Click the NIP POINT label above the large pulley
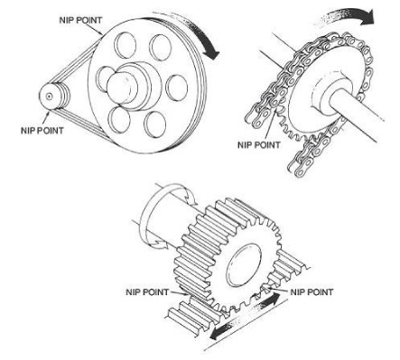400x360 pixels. click(x=80, y=21)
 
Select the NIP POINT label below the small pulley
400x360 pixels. click(x=42, y=131)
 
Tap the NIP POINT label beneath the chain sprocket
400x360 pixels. click(x=259, y=145)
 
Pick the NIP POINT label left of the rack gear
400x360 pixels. click(x=147, y=292)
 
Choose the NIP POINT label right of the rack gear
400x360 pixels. click(x=312, y=292)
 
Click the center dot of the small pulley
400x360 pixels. click(x=49, y=97)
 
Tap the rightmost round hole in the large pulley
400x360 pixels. click(x=177, y=88)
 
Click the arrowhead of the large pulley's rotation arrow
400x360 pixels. click(x=211, y=53)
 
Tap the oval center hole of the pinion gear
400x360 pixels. click(x=244, y=265)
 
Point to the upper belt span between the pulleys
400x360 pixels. click(x=76, y=61)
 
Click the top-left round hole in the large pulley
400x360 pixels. click(x=125, y=45)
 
